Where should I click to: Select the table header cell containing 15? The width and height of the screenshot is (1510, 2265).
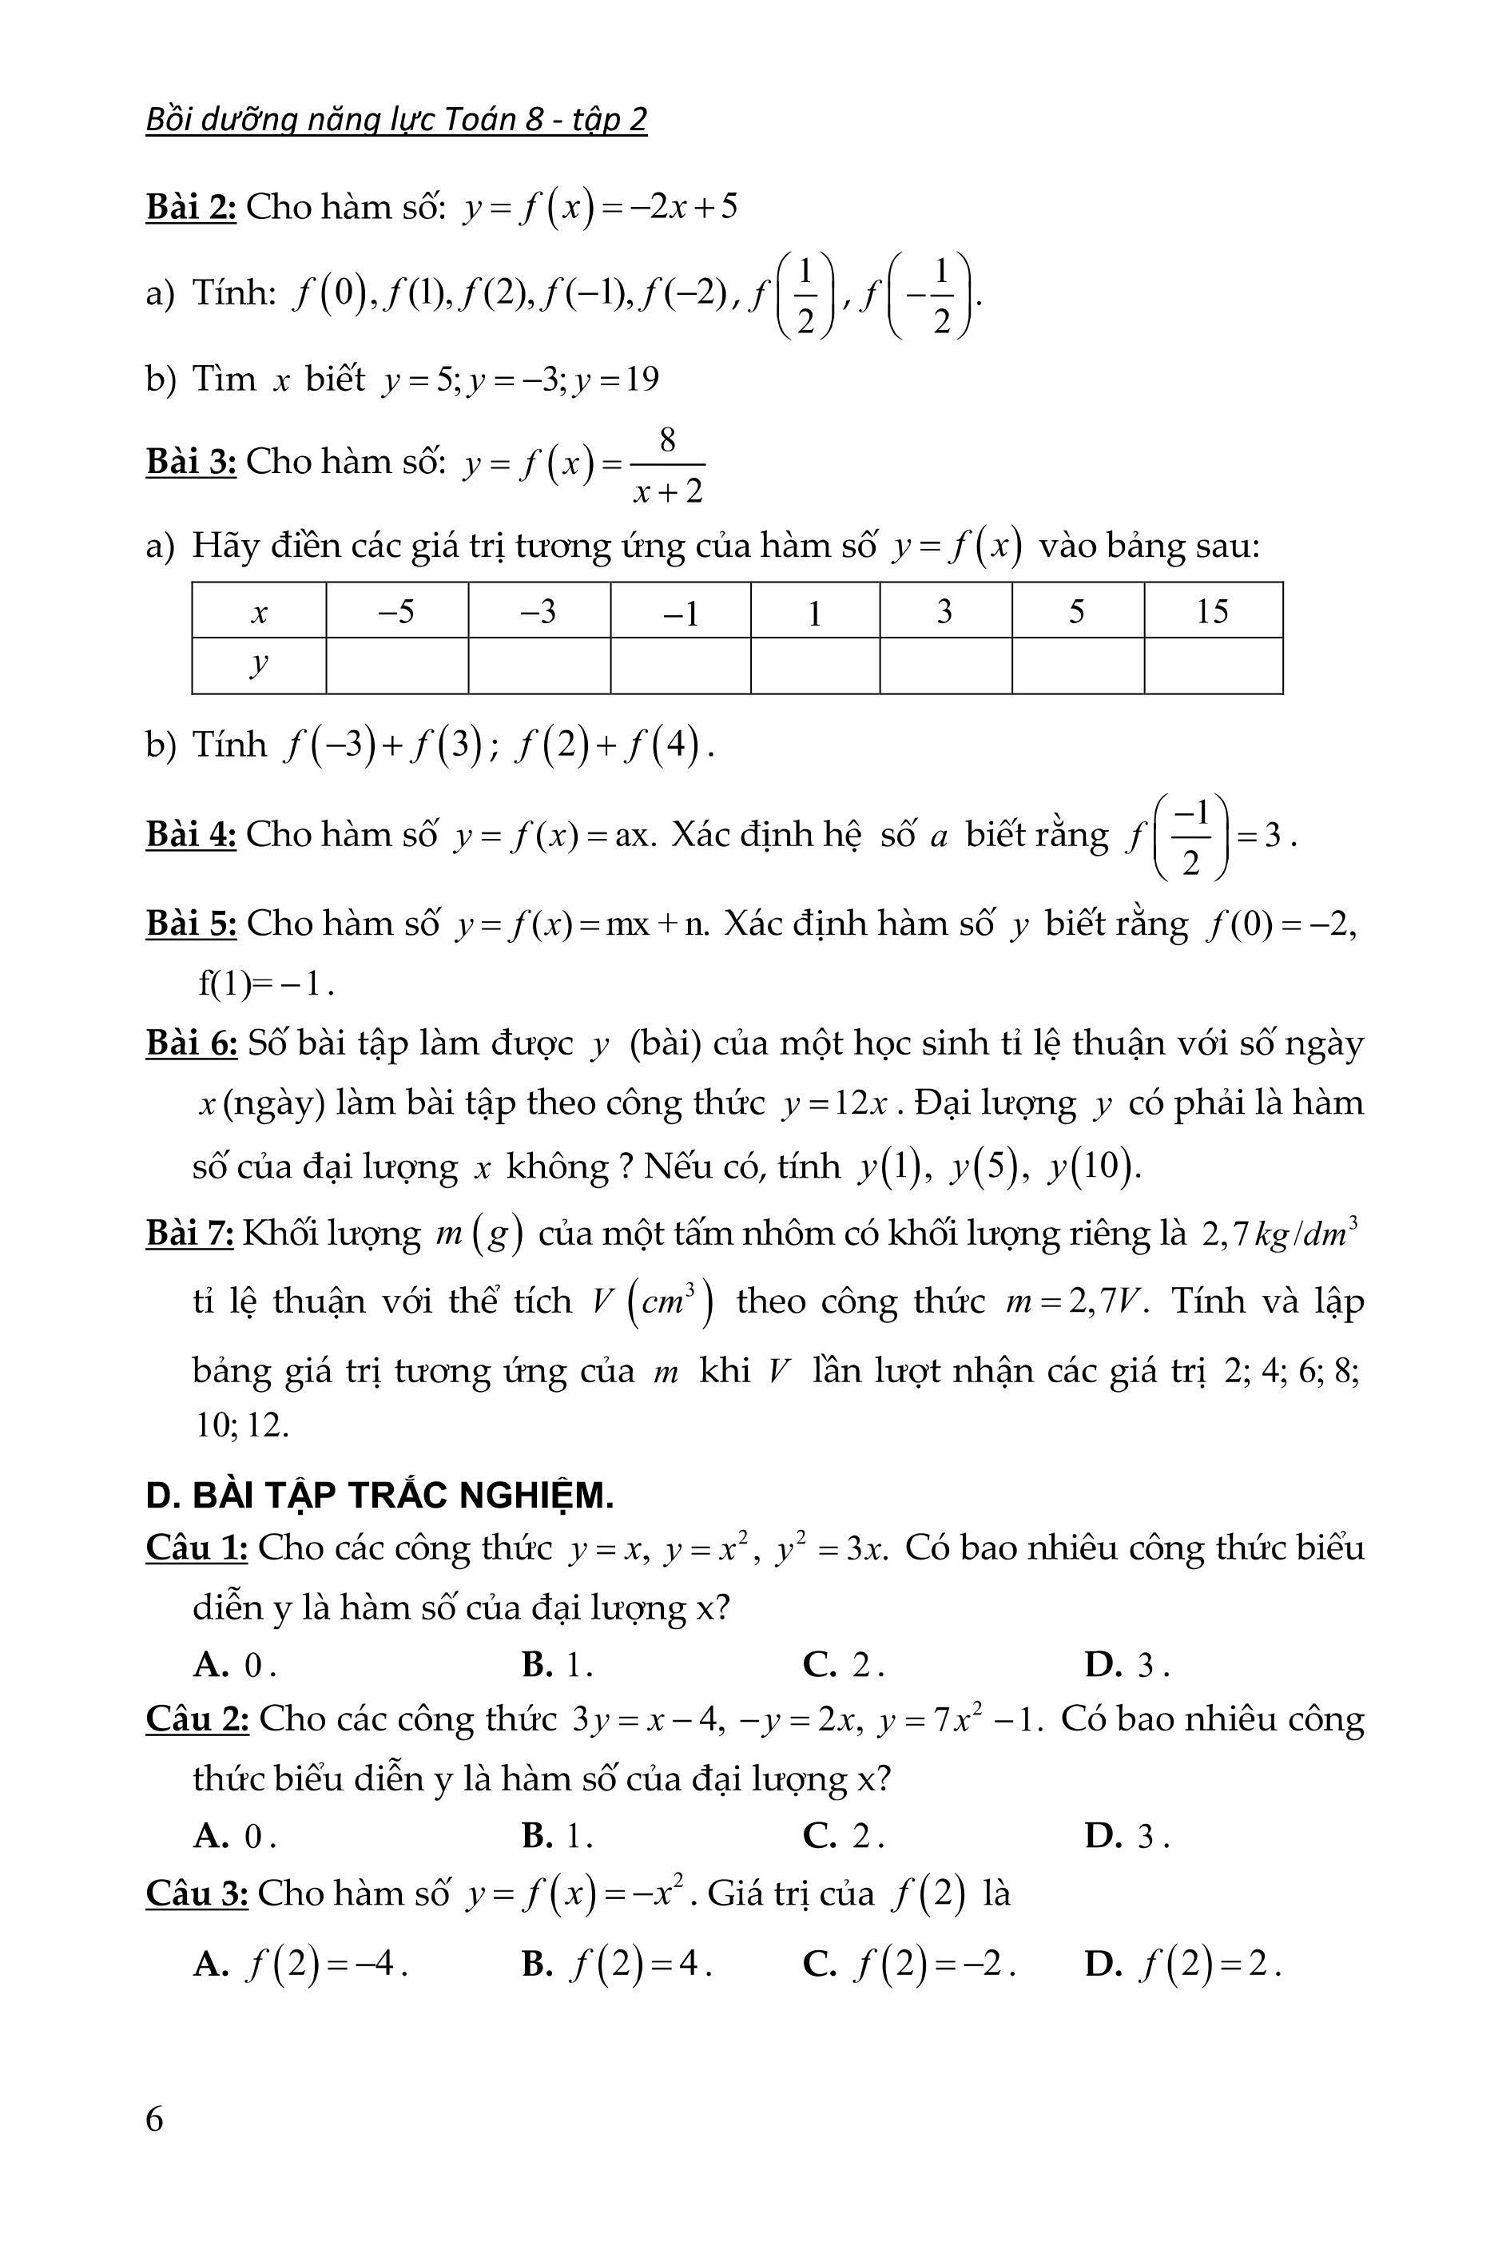pyautogui.click(x=1213, y=610)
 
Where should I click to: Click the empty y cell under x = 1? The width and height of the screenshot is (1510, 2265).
pyautogui.click(x=815, y=666)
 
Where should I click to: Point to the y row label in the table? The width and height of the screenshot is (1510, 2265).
pyautogui.click(x=258, y=665)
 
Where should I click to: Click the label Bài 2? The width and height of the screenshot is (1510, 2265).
pyautogui.click(x=191, y=207)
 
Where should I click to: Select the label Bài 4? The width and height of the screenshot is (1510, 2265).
pyautogui.click(x=191, y=834)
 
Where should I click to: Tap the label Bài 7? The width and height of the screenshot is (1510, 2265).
pyautogui.click(x=189, y=1233)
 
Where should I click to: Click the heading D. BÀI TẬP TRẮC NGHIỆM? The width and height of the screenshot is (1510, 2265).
pyautogui.click(x=379, y=1496)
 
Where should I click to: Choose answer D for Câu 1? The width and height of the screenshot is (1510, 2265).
pyautogui.click(x=1126, y=1664)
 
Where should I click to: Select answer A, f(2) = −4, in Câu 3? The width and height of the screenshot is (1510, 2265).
pyautogui.click(x=300, y=1965)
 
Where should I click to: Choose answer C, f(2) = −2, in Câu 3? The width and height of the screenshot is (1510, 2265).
pyautogui.click(x=909, y=1965)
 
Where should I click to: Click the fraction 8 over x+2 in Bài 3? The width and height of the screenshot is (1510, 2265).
pyautogui.click(x=667, y=466)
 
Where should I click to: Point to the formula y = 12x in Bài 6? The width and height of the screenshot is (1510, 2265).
pyautogui.click(x=834, y=1103)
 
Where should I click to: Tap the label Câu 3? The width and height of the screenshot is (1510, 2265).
pyautogui.click(x=197, y=1893)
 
